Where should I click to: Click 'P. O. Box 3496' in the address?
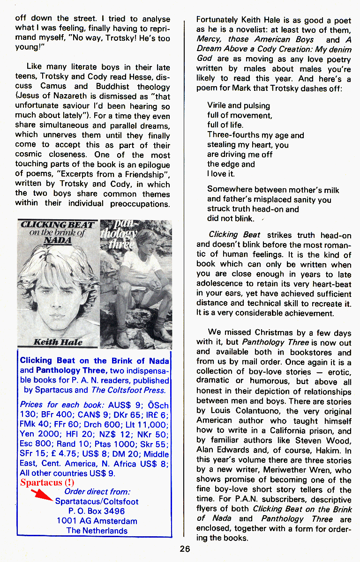point(97,511)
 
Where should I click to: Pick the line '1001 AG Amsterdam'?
point(97,521)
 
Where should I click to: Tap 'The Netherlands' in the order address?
point(97,531)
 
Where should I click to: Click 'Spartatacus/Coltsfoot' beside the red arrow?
point(97,501)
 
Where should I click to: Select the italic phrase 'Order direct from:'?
point(97,491)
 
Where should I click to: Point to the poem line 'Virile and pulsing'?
point(239,105)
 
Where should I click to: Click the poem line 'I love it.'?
point(221,174)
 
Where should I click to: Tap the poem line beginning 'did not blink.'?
point(231,219)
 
